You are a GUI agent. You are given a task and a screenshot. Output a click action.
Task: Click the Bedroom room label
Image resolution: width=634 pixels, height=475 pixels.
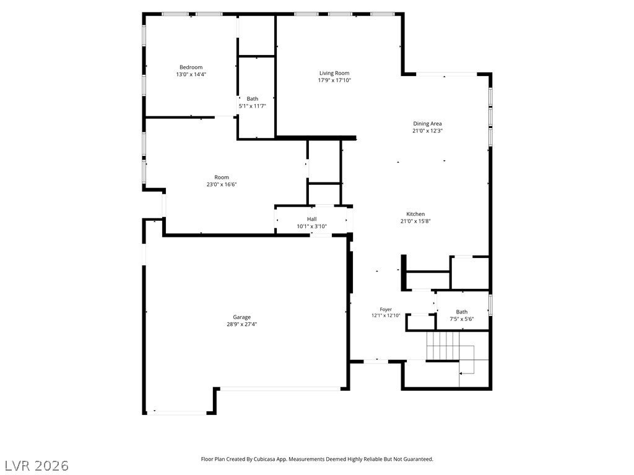(191, 67)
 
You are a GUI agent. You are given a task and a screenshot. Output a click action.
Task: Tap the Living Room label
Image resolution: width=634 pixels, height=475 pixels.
(334, 73)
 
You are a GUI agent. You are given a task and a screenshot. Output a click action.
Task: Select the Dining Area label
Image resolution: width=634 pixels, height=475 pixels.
(427, 124)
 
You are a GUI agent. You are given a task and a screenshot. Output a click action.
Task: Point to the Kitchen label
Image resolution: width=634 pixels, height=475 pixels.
(415, 214)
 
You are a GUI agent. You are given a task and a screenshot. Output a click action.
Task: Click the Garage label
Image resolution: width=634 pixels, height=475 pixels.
(242, 317)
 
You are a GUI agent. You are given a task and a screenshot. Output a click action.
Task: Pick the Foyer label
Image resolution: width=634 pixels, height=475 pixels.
(386, 309)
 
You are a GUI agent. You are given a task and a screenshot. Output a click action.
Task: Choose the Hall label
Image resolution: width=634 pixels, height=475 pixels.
(312, 219)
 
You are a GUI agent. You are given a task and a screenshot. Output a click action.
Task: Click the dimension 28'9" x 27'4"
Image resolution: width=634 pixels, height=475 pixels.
(242, 324)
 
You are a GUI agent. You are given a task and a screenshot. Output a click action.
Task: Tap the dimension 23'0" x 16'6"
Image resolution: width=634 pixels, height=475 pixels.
(222, 184)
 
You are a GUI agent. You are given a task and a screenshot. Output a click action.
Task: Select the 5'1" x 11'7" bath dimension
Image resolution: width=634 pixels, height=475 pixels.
(253, 106)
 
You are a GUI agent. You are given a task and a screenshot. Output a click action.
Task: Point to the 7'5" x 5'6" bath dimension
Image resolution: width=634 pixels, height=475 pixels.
(462, 319)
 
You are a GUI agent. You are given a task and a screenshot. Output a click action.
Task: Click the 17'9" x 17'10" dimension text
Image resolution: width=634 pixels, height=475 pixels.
(334, 80)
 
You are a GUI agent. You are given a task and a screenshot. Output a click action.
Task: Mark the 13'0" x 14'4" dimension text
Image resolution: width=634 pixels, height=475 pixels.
(191, 74)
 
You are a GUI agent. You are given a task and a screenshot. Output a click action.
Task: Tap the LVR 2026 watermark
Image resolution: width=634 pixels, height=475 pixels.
(35, 465)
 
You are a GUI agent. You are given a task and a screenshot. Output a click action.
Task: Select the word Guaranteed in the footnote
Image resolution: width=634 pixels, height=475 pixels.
(419, 460)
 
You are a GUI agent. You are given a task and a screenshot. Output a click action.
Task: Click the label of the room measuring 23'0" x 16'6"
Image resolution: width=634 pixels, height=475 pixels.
(222, 178)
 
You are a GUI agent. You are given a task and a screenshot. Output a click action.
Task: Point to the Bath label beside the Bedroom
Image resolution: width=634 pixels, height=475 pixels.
(253, 99)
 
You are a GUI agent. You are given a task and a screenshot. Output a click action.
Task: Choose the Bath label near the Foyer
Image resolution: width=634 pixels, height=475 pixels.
(462, 312)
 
